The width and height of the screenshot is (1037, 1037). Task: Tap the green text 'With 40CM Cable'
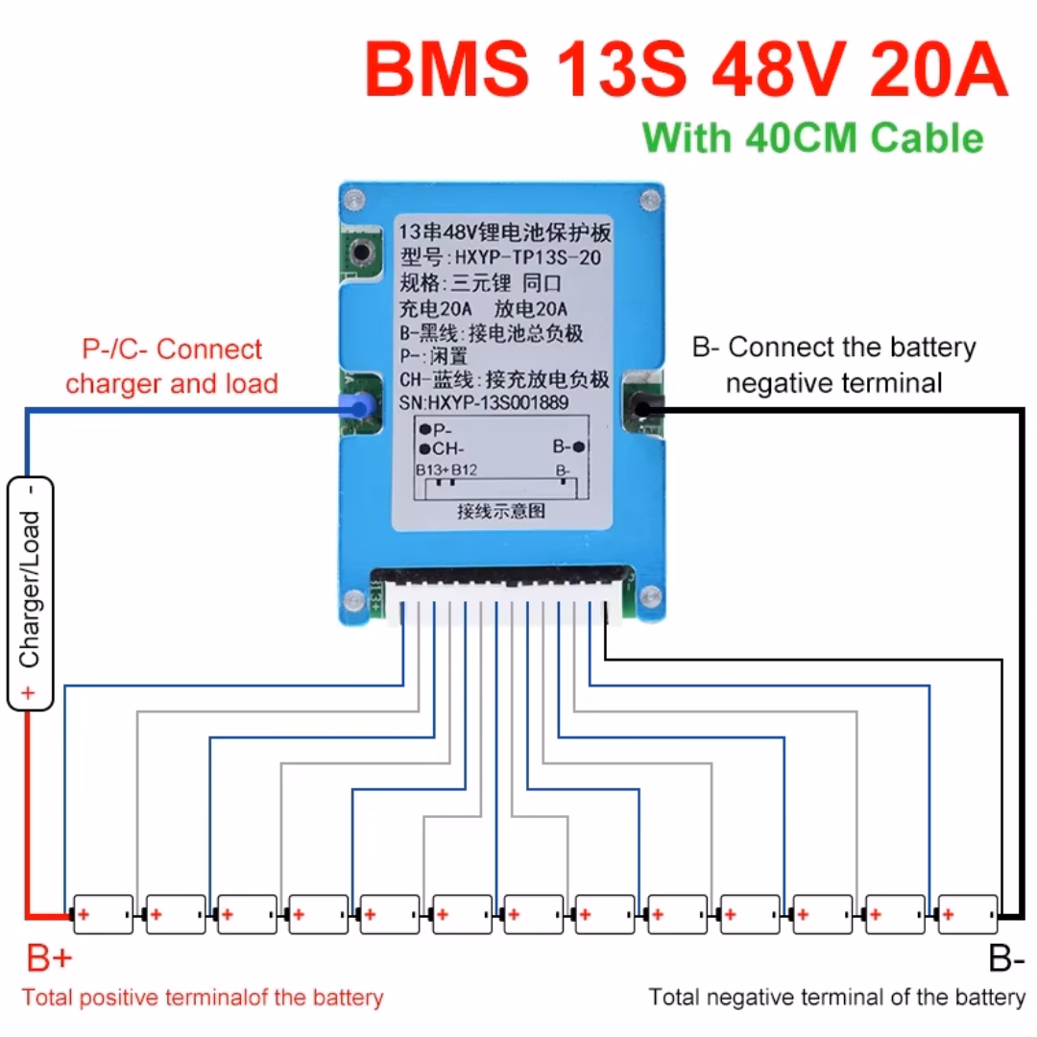click(813, 137)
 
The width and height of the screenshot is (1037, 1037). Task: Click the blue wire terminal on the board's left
click(358, 408)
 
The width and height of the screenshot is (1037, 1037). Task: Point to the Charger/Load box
click(30, 592)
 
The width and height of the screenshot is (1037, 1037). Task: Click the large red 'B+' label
click(49, 957)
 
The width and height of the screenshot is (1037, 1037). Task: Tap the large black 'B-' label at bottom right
click(1005, 957)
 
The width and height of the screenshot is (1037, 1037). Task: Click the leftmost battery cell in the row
click(102, 915)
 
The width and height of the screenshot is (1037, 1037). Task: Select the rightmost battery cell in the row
click(967, 915)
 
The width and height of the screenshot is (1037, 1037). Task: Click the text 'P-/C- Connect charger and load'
click(172, 367)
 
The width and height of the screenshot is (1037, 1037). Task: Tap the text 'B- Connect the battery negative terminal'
click(833, 366)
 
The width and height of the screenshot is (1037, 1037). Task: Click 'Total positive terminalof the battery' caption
click(203, 998)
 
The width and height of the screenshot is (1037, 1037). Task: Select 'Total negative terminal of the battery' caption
click(836, 998)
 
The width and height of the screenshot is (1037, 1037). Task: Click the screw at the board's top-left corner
click(354, 201)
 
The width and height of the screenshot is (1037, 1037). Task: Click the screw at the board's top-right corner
click(650, 201)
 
